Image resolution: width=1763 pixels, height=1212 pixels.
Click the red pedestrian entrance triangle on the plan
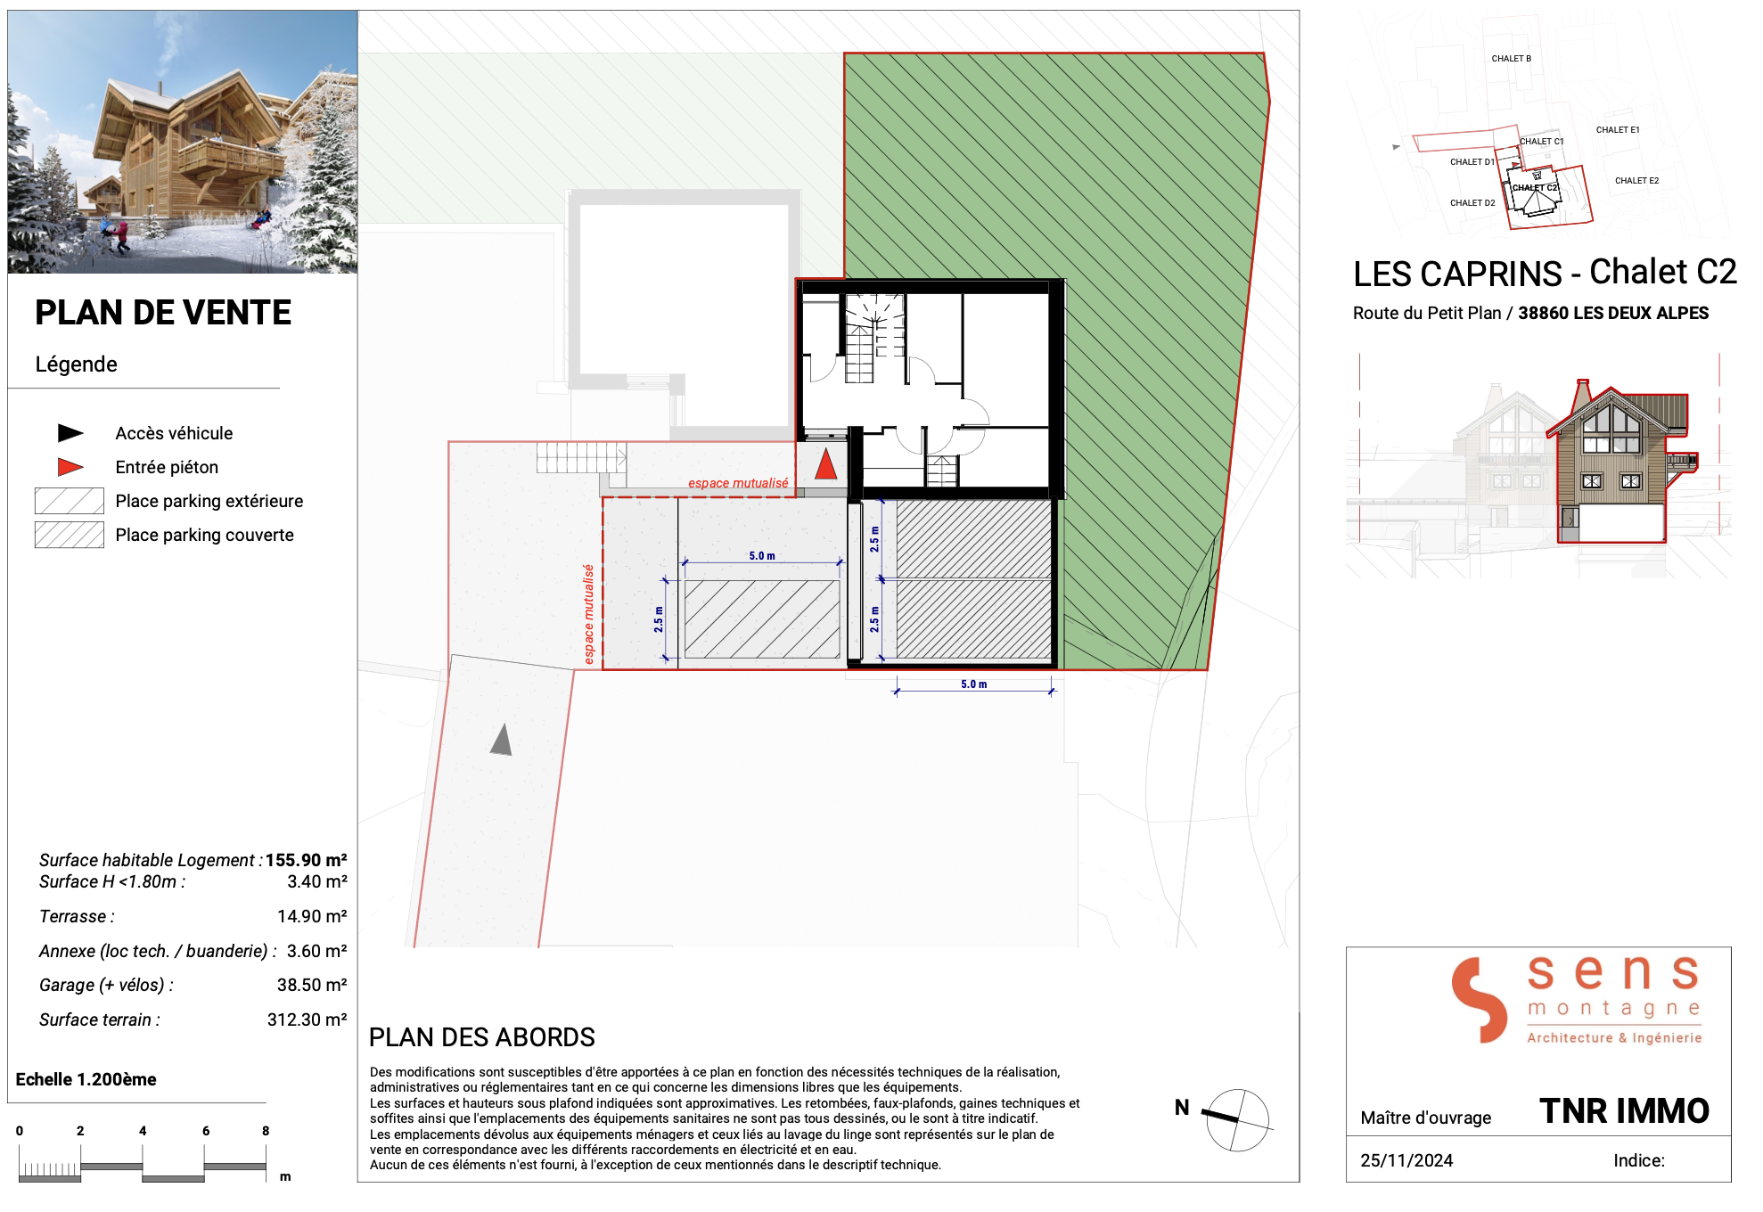[826, 464]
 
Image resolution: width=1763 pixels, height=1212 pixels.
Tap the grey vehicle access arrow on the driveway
[502, 740]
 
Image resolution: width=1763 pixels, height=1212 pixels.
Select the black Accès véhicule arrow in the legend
[70, 433]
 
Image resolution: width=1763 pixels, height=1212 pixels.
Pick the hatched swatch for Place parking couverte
[70, 535]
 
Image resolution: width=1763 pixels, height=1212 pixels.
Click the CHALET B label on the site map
[1512, 59]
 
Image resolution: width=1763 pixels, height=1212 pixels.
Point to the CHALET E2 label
[1637, 181]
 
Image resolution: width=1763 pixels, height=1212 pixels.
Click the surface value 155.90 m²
[306, 860]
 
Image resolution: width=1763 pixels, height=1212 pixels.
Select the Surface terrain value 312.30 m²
[307, 1020]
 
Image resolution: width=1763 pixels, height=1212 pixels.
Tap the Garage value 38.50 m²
[312, 985]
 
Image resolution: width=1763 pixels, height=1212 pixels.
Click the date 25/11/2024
[1406, 1160]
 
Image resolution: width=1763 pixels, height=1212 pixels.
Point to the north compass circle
[1237, 1120]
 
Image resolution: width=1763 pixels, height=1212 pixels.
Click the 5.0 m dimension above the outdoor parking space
[762, 556]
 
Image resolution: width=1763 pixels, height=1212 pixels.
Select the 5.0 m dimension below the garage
[974, 684]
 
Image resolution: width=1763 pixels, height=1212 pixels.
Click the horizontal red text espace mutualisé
[738, 483]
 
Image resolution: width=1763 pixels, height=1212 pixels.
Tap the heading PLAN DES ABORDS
[482, 1037]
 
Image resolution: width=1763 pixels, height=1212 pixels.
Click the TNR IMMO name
[1624, 1111]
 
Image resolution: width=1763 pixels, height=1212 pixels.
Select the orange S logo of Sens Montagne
[1480, 999]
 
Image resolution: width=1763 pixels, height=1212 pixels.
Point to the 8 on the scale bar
[266, 1131]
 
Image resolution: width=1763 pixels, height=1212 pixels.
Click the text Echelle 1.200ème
[86, 1079]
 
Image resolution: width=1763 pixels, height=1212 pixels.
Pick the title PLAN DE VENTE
[163, 313]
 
